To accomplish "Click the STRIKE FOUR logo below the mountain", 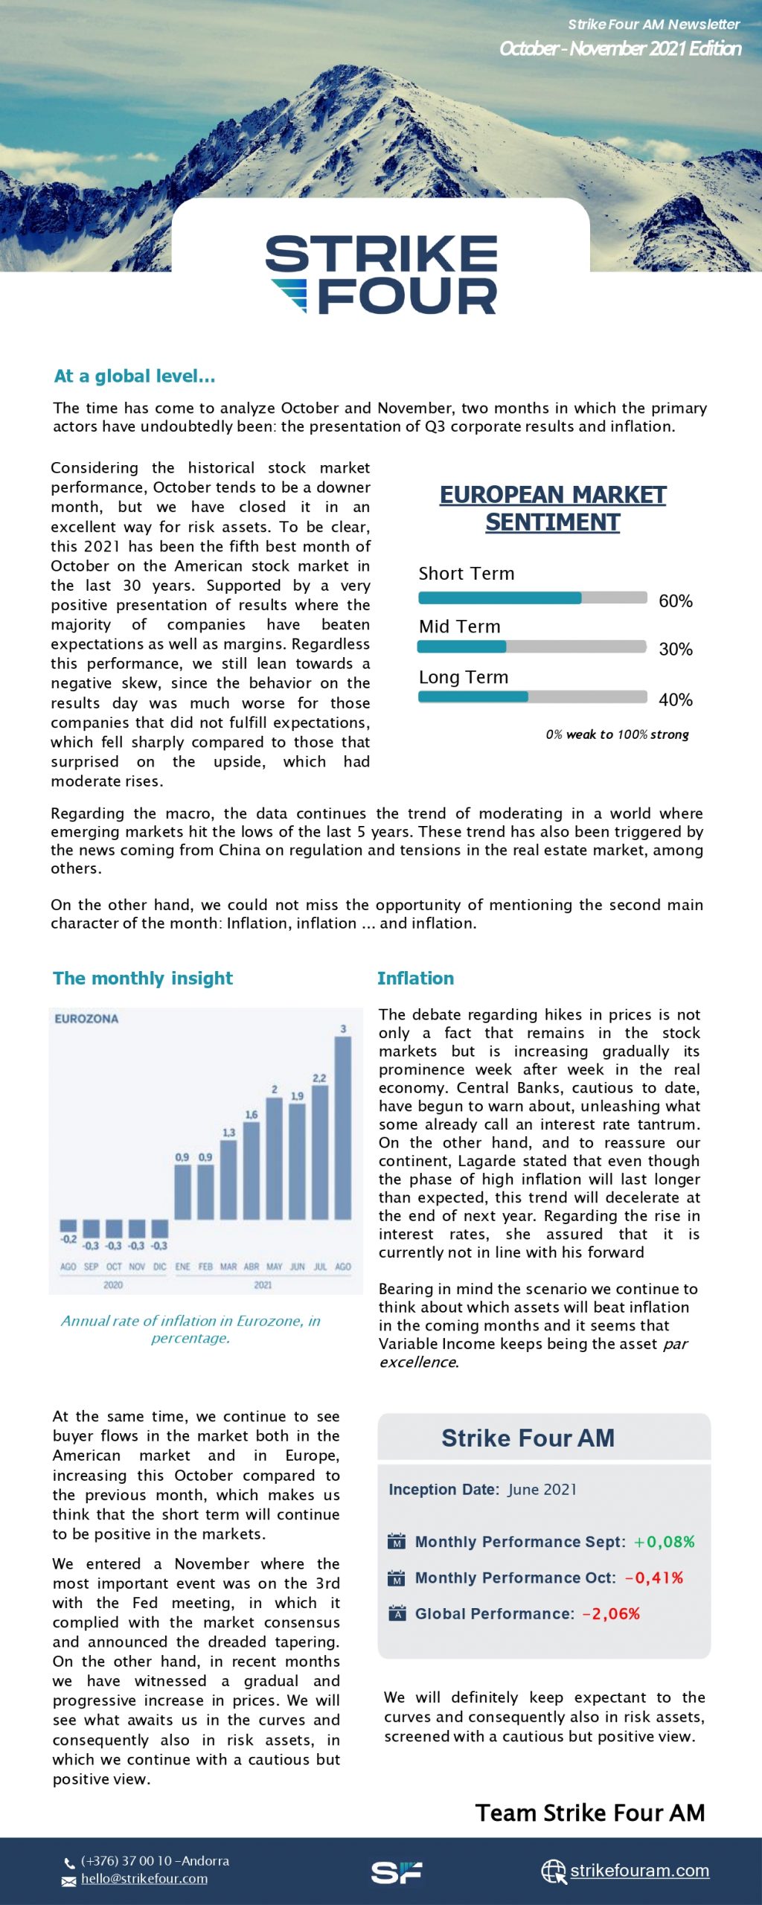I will tap(381, 275).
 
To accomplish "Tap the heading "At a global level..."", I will tap(135, 377).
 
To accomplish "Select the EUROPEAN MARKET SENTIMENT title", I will tap(553, 508).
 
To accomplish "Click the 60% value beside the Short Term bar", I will tap(676, 601).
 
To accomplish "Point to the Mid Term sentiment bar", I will tap(531, 647).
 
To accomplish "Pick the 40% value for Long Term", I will tap(676, 699).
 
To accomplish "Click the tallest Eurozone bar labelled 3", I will tap(343, 1127).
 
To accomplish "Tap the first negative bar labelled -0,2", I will tap(68, 1225).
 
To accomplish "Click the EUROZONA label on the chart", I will tap(86, 1019).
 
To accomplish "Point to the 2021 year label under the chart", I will tap(263, 1285).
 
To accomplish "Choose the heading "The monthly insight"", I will tap(143, 979).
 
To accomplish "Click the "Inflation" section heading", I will tap(415, 979).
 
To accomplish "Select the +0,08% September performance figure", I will tap(664, 1542).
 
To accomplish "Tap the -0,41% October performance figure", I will tap(654, 1578).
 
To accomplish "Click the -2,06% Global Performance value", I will tap(611, 1613).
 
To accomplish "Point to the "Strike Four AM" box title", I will tap(528, 1438).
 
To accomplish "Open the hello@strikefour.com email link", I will tap(144, 1879).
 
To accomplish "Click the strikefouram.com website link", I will tap(639, 1871).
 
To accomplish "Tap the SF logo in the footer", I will tap(397, 1872).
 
